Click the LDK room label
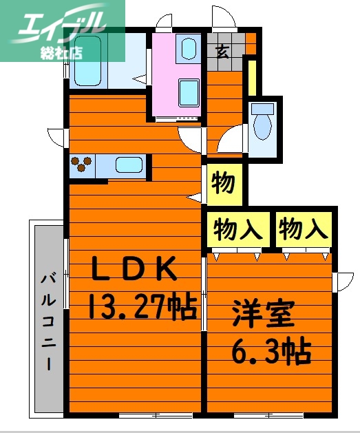click(x=136, y=269)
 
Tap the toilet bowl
click(x=262, y=124)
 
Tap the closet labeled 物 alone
click(x=224, y=184)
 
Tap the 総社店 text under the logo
click(x=64, y=53)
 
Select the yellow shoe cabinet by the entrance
click(x=253, y=77)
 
